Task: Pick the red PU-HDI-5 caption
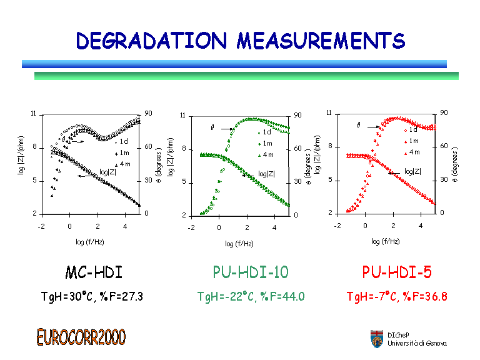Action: [x=397, y=272]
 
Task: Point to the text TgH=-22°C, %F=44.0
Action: [x=251, y=296]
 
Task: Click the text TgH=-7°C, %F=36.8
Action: [x=397, y=296]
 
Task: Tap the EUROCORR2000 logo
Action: [x=81, y=337]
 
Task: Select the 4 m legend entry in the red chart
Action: [x=412, y=152]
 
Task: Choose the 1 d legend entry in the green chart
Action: [x=266, y=132]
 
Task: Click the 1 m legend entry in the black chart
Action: [x=124, y=152]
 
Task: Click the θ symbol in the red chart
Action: [x=359, y=125]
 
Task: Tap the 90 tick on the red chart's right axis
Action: [x=444, y=112]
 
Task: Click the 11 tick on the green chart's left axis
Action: [x=182, y=116]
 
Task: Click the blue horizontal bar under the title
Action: [x=234, y=64]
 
